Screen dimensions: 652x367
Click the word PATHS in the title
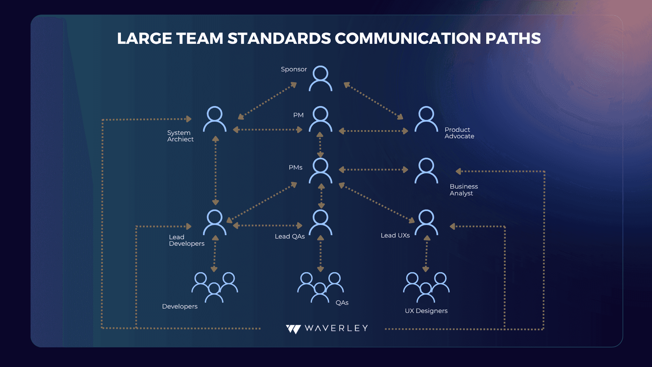pyautogui.click(x=513, y=38)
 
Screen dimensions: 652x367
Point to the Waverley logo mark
pyautogui.click(x=293, y=329)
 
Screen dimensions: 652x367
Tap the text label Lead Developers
pyautogui.click(x=186, y=240)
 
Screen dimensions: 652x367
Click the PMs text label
pyautogui.click(x=295, y=168)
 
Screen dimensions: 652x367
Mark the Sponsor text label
pyautogui.click(x=294, y=69)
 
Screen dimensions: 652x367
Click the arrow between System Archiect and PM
pyautogui.click(x=268, y=129)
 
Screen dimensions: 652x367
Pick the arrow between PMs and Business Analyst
pyautogui.click(x=374, y=170)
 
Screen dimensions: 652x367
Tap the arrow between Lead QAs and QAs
pyautogui.click(x=321, y=254)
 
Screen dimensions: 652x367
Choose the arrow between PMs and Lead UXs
pyautogui.click(x=377, y=203)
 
